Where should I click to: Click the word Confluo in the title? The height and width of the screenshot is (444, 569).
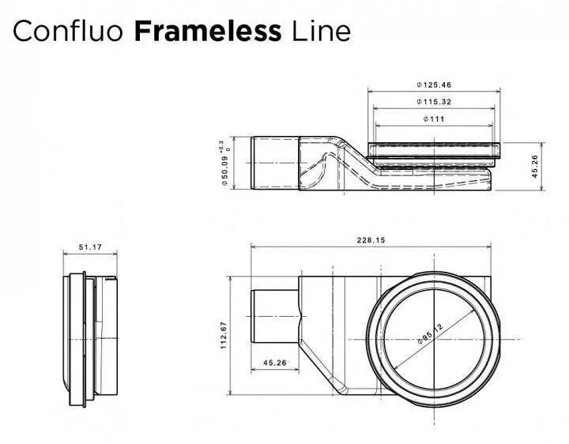(68, 31)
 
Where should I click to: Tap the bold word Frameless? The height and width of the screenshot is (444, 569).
(208, 31)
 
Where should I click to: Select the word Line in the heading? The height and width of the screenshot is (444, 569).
(321, 31)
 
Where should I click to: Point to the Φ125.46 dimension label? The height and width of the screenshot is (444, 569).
(434, 85)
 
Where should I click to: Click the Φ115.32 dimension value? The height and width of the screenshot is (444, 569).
(434, 102)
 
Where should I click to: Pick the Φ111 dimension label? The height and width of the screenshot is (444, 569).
(434, 119)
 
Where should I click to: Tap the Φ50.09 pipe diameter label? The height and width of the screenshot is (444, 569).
(224, 171)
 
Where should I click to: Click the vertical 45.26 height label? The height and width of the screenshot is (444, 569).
(535, 167)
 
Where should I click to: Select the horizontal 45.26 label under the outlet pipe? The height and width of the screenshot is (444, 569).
(275, 363)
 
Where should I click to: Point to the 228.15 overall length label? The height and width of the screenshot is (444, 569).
(371, 240)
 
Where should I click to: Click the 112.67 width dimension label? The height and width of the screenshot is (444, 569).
(224, 336)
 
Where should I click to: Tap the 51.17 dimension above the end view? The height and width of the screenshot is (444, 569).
(90, 247)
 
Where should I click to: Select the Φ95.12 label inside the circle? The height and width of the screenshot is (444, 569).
(431, 333)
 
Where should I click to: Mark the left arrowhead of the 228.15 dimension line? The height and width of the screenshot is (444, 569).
(254, 247)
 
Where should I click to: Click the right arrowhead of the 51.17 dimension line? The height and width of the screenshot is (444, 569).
(115, 254)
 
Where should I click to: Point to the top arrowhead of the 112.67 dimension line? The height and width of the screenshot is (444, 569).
(230, 280)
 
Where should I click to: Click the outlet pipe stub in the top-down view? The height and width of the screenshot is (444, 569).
(275, 316)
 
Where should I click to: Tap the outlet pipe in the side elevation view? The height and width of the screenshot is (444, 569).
(275, 163)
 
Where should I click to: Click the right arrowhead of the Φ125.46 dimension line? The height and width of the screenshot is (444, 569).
(497, 92)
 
